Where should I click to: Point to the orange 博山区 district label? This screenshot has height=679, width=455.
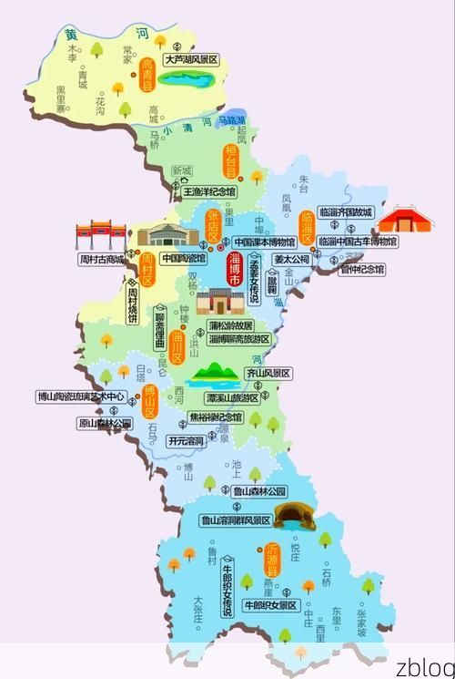[x=151, y=400]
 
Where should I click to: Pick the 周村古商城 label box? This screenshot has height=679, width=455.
[x=100, y=259]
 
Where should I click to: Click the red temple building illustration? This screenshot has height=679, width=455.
[x=404, y=221]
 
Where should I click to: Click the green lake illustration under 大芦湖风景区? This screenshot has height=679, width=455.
[x=186, y=79]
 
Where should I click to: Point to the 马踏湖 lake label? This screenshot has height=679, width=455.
[x=232, y=119]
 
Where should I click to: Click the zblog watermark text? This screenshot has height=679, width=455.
[x=418, y=663]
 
